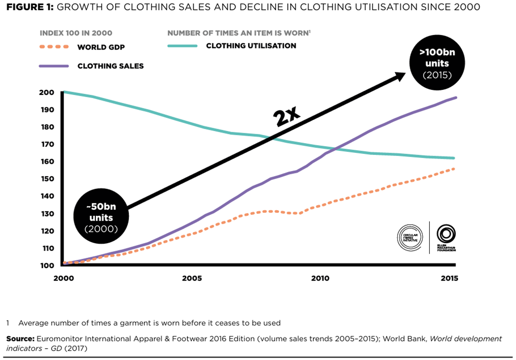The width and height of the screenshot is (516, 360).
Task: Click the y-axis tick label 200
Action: coord(46,92)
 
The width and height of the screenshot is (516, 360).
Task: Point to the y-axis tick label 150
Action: coord(46,179)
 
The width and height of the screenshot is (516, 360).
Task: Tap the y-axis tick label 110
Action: coord(46,248)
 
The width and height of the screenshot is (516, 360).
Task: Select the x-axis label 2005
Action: coord(191,278)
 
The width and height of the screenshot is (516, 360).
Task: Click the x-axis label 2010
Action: coord(320,278)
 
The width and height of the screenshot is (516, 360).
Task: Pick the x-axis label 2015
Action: coord(448,278)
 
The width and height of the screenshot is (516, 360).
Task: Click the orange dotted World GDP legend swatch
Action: coord(54,48)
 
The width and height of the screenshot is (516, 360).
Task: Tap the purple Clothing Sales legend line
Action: coord(54,66)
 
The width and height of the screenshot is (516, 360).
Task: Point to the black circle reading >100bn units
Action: coord(437,64)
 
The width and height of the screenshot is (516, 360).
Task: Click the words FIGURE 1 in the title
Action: coord(28,7)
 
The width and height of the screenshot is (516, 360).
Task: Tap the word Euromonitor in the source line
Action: coord(61,339)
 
